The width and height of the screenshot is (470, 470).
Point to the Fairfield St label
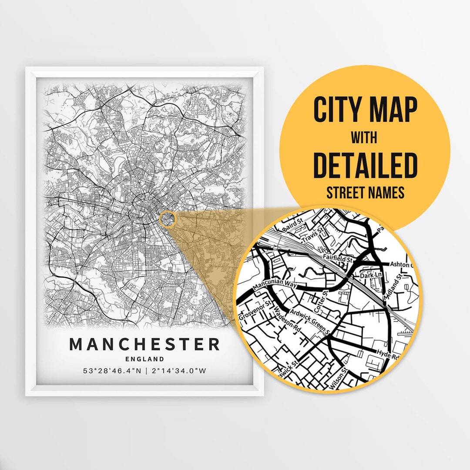(x=337, y=258)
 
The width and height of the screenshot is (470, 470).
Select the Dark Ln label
(x=370, y=275)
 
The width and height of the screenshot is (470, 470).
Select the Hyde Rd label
(x=387, y=354)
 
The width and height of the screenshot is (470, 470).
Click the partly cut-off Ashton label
(x=400, y=264)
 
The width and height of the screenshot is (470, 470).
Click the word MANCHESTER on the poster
(x=144, y=344)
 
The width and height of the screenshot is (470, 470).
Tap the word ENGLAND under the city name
(x=144, y=359)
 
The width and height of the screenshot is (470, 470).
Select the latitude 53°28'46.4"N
(x=111, y=371)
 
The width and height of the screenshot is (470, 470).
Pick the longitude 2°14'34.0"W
(x=178, y=371)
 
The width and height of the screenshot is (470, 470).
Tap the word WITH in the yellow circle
(x=365, y=138)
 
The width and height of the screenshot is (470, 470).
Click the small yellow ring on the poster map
(x=167, y=219)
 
